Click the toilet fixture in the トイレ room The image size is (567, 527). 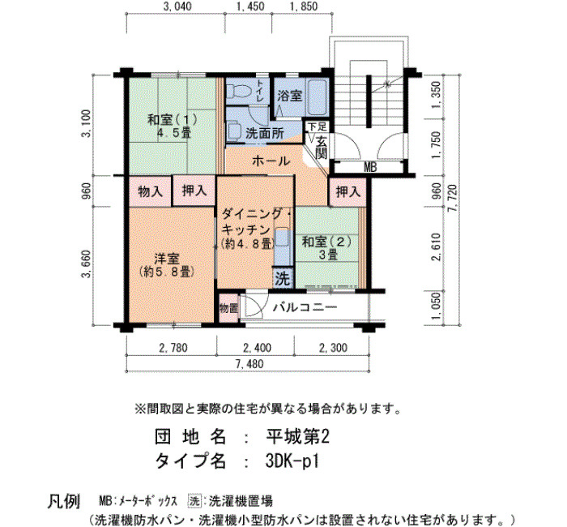tap(240, 91)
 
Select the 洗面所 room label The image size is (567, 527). tap(265, 134)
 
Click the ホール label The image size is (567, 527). tap(271, 161)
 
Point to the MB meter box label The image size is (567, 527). tap(370, 167)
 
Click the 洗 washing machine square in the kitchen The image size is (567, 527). tap(283, 278)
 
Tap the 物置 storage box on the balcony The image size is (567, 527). tap(228, 308)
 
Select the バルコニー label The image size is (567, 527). tap(305, 307)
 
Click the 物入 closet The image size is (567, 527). tap(150, 191)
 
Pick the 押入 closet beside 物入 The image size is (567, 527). tap(194, 191)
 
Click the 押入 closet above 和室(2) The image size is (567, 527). tap(347, 191)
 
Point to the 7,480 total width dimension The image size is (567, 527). tap(249, 364)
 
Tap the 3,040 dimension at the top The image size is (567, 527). tap(177, 6)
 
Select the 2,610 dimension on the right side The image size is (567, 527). tap(437, 247)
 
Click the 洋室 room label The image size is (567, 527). tap(167, 259)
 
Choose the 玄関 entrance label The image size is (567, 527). tap(321, 148)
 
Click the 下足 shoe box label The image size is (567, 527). tap(318, 126)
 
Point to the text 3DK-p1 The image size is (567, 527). tap(292, 461)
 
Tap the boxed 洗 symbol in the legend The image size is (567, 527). tap(194, 501)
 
